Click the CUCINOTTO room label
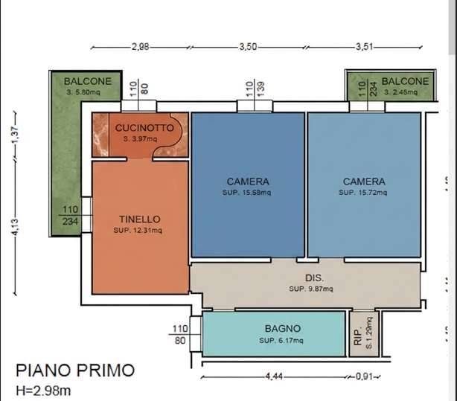point(144,128)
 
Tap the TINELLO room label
point(139,219)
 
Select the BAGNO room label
point(282,329)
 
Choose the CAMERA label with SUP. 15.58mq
point(248,182)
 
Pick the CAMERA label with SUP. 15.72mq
point(364,182)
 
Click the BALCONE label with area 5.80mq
point(87,81)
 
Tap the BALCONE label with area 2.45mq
point(405,81)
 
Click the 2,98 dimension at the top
point(140,47)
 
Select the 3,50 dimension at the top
point(249,47)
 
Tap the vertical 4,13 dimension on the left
point(16,224)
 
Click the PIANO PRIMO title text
point(76,370)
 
